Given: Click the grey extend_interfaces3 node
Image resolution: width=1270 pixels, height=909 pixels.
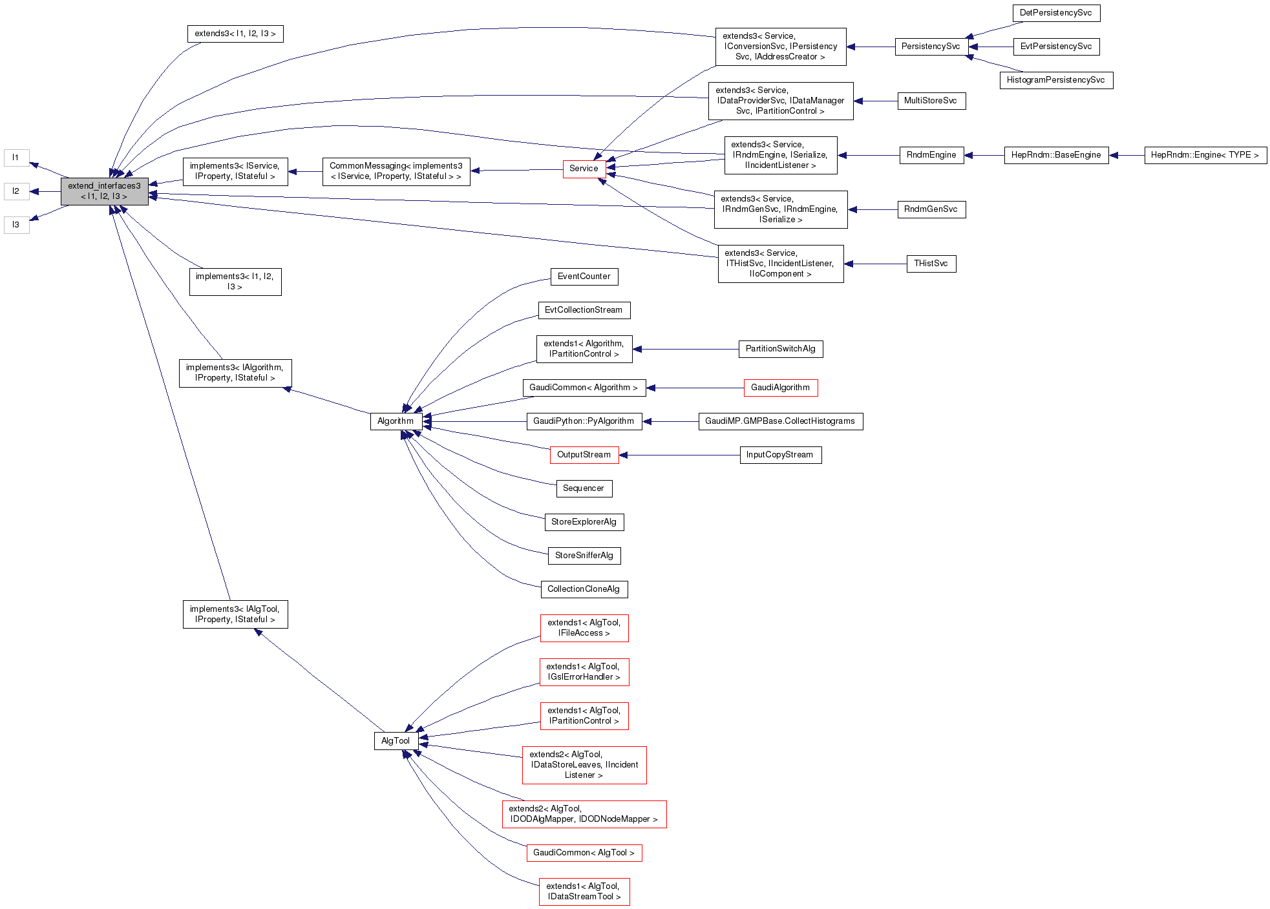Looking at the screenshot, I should coord(104,191).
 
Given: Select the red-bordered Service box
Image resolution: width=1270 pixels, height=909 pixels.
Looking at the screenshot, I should coord(584,169).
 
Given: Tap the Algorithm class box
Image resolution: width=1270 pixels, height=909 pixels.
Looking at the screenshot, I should coord(396,421).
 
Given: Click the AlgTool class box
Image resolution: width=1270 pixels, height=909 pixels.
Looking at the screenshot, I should coord(396,741).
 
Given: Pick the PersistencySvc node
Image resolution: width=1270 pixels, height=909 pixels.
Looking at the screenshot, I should coord(931,47).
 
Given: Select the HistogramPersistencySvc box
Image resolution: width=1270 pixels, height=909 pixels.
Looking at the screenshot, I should coord(1055,80).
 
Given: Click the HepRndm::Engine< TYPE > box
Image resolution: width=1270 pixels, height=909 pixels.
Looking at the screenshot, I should coord(1205,155).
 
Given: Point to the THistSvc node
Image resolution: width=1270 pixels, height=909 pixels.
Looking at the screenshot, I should coord(931,264).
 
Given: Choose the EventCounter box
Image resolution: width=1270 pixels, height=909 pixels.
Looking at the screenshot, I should coord(584,277).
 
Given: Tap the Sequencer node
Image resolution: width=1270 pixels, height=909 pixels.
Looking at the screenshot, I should coord(584,488).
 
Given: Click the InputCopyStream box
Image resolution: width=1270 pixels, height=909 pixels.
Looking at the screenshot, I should coord(780,455).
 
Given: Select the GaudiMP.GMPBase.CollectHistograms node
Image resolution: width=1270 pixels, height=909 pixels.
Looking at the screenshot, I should coord(780,421).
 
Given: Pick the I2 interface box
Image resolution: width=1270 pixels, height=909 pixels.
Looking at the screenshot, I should coord(16,191).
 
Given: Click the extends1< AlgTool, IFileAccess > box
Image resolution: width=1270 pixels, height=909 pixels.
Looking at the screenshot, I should coord(584,628).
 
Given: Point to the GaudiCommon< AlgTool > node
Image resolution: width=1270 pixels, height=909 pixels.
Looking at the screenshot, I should coord(584,853).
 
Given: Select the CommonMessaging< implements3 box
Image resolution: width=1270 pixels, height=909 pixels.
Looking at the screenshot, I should coord(396,171).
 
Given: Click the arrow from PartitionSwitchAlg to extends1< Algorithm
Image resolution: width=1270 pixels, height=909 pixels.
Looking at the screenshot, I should coord(685,349).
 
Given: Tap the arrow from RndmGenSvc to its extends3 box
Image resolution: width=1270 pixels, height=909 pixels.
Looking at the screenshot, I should coord(873,209).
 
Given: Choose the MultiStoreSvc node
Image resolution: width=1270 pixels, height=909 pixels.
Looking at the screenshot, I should coord(931,101).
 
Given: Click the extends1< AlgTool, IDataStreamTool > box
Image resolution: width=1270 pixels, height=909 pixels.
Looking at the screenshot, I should coord(584,892).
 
